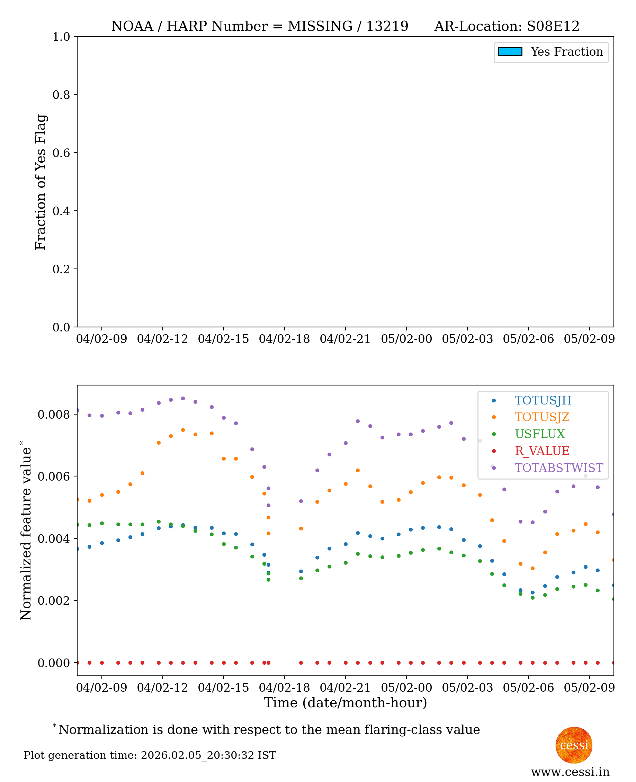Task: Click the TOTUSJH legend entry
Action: pyautogui.click(x=543, y=401)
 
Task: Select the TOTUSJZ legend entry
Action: pyautogui.click(x=542, y=417)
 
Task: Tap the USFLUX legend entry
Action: pyautogui.click(x=540, y=434)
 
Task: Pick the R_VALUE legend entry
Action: pyautogui.click(x=542, y=451)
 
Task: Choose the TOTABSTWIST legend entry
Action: pyautogui.click(x=558, y=468)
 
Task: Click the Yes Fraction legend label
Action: pyautogui.click(x=566, y=52)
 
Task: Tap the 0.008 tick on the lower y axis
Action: pyautogui.click(x=53, y=415)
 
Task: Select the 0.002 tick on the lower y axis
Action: pyautogui.click(x=53, y=600)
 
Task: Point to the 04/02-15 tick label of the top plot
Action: pyautogui.click(x=223, y=339)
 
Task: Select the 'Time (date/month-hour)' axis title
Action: pyautogui.click(x=345, y=703)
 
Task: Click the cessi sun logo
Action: pyautogui.click(x=574, y=745)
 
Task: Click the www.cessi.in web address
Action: pyautogui.click(x=570, y=772)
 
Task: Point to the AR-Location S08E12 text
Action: pyautogui.click(x=507, y=26)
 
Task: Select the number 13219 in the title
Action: pyautogui.click(x=387, y=26)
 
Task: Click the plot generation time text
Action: pyautogui.click(x=150, y=755)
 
